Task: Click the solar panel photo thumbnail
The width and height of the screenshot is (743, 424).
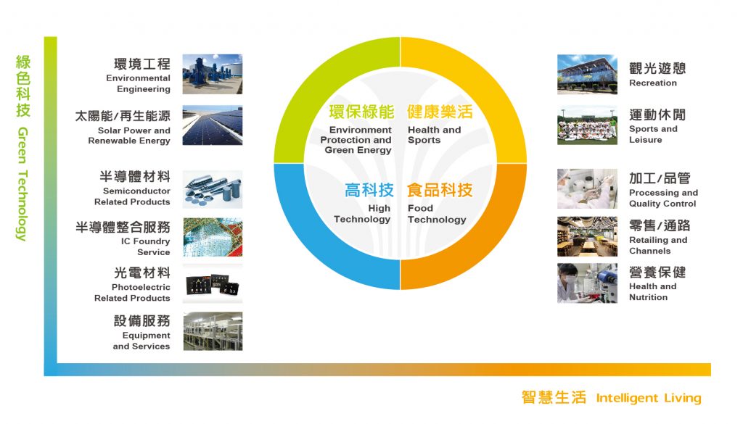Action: (x=213, y=125)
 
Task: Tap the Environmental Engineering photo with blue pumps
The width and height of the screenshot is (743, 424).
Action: (x=213, y=74)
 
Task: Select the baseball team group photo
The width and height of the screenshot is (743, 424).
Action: (x=587, y=125)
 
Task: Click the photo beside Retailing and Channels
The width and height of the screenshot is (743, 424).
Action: (x=587, y=236)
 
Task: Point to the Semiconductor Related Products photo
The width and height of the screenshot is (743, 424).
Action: (x=213, y=189)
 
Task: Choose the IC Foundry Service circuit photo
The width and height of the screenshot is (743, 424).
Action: (x=213, y=237)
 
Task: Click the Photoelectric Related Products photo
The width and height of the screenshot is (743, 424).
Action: (x=213, y=284)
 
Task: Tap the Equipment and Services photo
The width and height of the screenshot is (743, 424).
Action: (x=213, y=331)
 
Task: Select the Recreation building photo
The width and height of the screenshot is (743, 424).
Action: (x=587, y=75)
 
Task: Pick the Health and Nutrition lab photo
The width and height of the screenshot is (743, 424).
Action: (x=587, y=283)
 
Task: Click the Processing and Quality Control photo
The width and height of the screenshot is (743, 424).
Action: (x=587, y=189)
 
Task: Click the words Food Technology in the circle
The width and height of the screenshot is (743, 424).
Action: (x=437, y=214)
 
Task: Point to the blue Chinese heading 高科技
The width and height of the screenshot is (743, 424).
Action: (x=369, y=190)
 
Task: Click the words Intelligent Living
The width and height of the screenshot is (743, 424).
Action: (x=648, y=398)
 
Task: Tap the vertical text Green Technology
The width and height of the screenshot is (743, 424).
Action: (x=22, y=183)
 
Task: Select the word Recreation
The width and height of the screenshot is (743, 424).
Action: (x=653, y=83)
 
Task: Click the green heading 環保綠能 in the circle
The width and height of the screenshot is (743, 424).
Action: (x=361, y=112)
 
